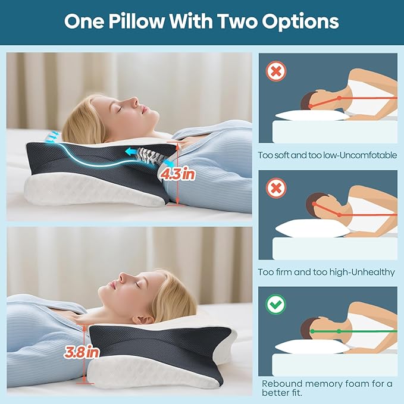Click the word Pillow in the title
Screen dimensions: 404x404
tap(136, 21)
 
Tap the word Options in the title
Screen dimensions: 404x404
tap(300, 22)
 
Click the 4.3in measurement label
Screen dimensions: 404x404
tap(177, 174)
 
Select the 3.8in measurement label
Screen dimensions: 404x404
tap(82, 352)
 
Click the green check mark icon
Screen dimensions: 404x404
tap(275, 304)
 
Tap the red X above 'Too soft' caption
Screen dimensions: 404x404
tap(276, 71)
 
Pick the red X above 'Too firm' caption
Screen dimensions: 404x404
tap(276, 188)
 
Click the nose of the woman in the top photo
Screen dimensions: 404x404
tap(135, 101)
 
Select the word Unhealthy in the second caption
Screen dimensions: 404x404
tap(373, 272)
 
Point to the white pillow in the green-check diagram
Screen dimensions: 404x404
tap(312, 346)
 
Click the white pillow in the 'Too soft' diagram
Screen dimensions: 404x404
tap(312, 115)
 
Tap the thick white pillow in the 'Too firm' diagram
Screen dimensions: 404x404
tap(312, 228)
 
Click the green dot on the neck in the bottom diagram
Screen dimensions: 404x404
tap(339, 331)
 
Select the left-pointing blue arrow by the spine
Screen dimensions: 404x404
tap(132, 152)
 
